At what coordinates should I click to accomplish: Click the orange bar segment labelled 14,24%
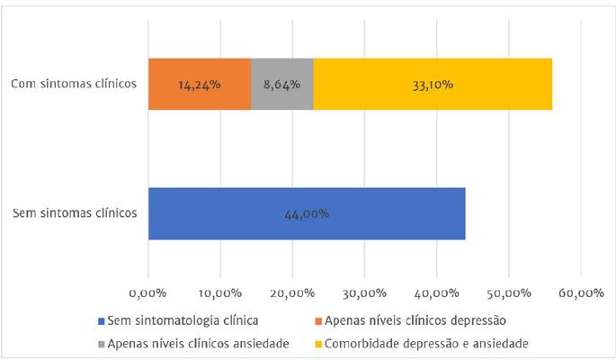tap(200, 84)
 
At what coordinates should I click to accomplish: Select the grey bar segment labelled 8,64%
tap(282, 84)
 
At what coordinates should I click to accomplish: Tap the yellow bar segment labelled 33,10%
tap(433, 84)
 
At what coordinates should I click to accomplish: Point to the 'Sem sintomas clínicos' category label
tap(76, 213)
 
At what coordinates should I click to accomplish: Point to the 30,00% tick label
tap(364, 292)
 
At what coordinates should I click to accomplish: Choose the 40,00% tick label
tap(436, 292)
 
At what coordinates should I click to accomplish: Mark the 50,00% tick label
tap(508, 292)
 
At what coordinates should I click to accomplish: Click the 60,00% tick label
tap(580, 292)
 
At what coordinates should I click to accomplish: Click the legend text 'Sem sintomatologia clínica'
tap(183, 320)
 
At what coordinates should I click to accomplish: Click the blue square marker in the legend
tap(100, 320)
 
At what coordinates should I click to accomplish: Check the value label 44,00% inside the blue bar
tap(307, 214)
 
